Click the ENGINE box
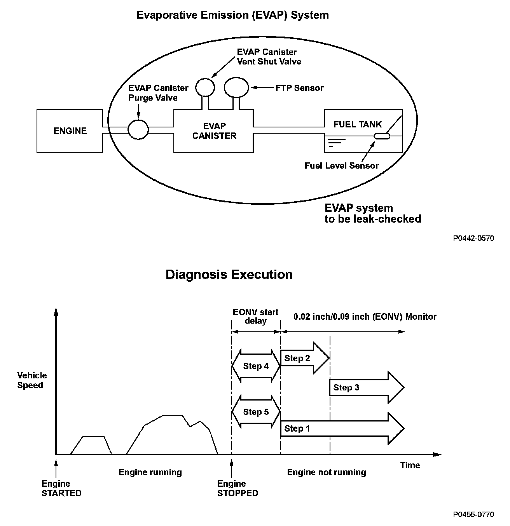coord(70,131)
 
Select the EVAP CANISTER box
coord(214,131)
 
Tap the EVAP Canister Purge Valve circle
coord(138,129)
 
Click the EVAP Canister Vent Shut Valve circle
coord(205,87)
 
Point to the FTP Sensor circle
coord(236,87)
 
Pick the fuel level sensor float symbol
coord(382,136)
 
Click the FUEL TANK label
coord(358,125)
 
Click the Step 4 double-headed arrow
coord(256,366)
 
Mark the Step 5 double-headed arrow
coord(256,412)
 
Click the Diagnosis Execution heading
coord(229,275)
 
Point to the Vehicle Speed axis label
coord(32,380)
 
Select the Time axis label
coord(410,465)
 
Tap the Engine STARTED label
coord(61,488)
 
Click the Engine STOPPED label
coord(237,488)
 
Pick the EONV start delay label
coord(255,316)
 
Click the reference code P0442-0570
coord(473,238)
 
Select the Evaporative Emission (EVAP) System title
coord(232,15)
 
